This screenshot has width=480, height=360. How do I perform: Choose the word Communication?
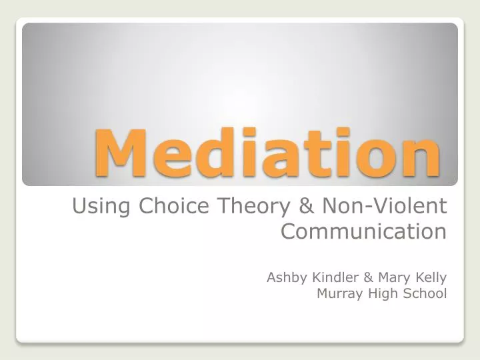363,232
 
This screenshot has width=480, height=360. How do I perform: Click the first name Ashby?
285,277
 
